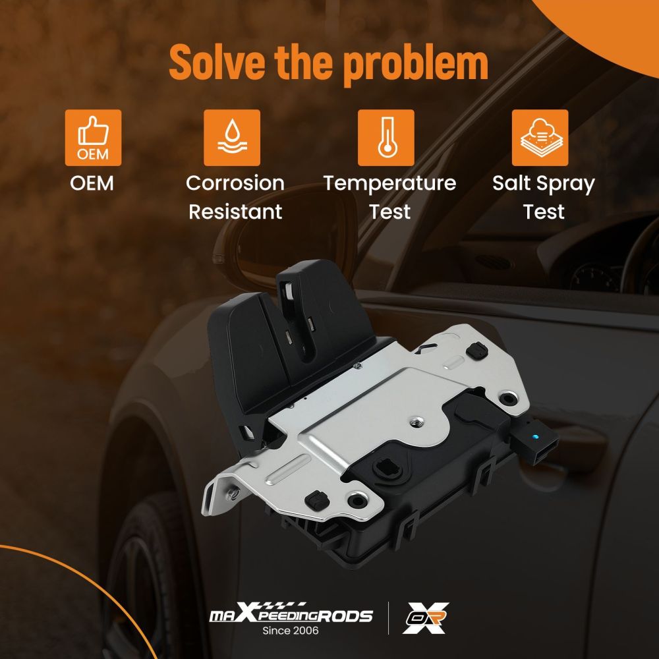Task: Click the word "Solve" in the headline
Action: click(217, 61)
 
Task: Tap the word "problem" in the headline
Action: click(415, 63)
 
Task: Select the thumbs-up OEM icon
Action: click(93, 138)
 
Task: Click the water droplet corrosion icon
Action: click(232, 138)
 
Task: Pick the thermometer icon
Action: click(386, 138)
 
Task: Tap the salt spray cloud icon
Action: click(540, 138)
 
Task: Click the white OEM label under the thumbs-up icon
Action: click(92, 183)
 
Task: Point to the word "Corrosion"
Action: click(235, 183)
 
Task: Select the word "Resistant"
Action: click(235, 212)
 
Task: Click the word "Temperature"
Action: click(389, 184)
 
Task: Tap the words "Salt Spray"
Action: click(544, 184)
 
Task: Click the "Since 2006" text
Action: click(291, 631)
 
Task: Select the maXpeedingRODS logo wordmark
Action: click(291, 613)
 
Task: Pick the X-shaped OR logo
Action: click(425, 617)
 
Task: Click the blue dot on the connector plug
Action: click(534, 437)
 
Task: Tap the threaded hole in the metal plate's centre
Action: click(417, 420)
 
